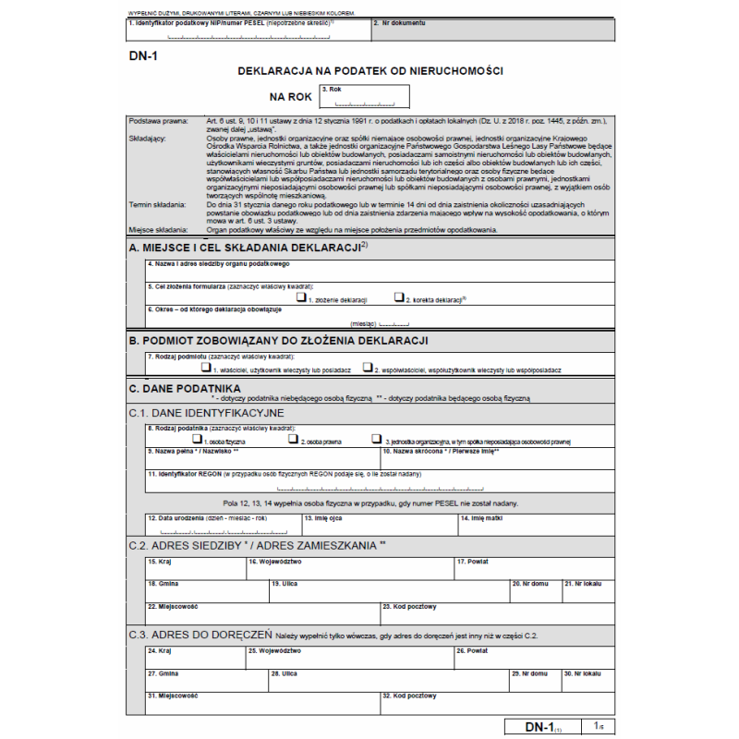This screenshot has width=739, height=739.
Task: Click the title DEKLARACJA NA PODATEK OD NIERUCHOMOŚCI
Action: pyautogui.click(x=369, y=70)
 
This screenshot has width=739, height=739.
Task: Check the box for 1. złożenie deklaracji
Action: pyautogui.click(x=301, y=297)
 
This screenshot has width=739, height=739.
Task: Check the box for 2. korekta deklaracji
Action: pyautogui.click(x=399, y=297)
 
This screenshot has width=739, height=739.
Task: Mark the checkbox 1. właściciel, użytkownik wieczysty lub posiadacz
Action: pyautogui.click(x=206, y=367)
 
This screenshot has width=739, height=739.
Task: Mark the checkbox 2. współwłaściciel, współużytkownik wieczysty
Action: pyautogui.click(x=368, y=367)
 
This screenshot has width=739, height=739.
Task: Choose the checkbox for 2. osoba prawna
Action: pyautogui.click(x=293, y=440)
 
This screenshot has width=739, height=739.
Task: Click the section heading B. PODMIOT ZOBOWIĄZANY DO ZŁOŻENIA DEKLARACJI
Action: pyautogui.click(x=278, y=341)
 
